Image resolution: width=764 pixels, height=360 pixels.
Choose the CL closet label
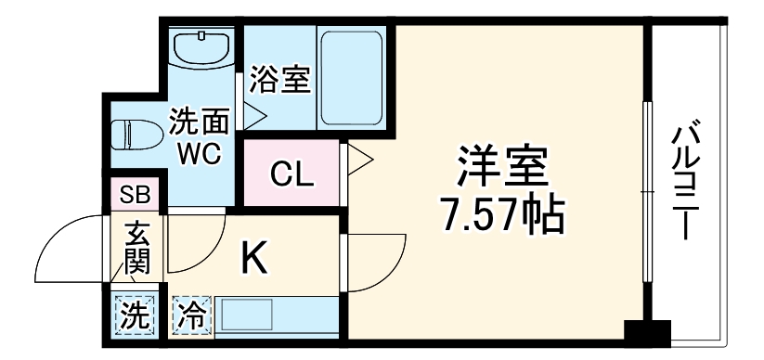291,174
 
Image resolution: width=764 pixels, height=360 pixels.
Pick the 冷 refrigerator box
192,314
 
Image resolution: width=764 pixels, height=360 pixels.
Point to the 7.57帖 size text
501,215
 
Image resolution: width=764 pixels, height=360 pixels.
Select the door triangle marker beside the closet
358,161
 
